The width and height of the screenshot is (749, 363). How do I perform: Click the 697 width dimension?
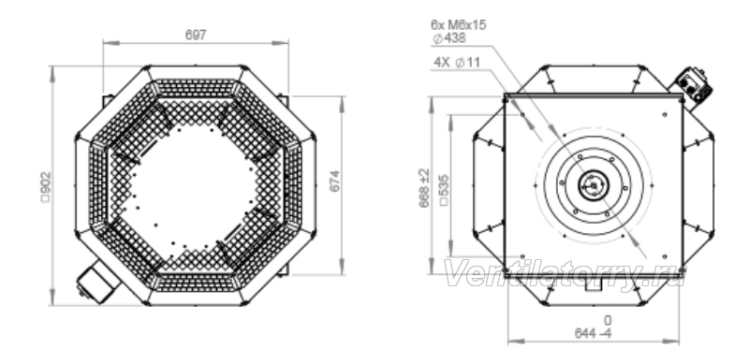point(196,35)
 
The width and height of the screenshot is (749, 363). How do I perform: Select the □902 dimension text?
point(46,187)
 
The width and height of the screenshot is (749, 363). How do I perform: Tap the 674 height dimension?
point(335,181)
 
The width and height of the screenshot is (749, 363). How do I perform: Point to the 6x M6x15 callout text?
point(458,25)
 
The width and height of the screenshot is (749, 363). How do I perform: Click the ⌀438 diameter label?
point(449,38)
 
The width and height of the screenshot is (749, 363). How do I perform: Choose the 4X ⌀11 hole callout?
point(457,62)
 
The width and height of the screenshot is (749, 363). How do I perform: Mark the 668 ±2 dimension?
point(424,188)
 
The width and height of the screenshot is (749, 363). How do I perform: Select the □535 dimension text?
point(444,190)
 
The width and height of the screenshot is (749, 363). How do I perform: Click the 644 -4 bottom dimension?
point(593,333)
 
